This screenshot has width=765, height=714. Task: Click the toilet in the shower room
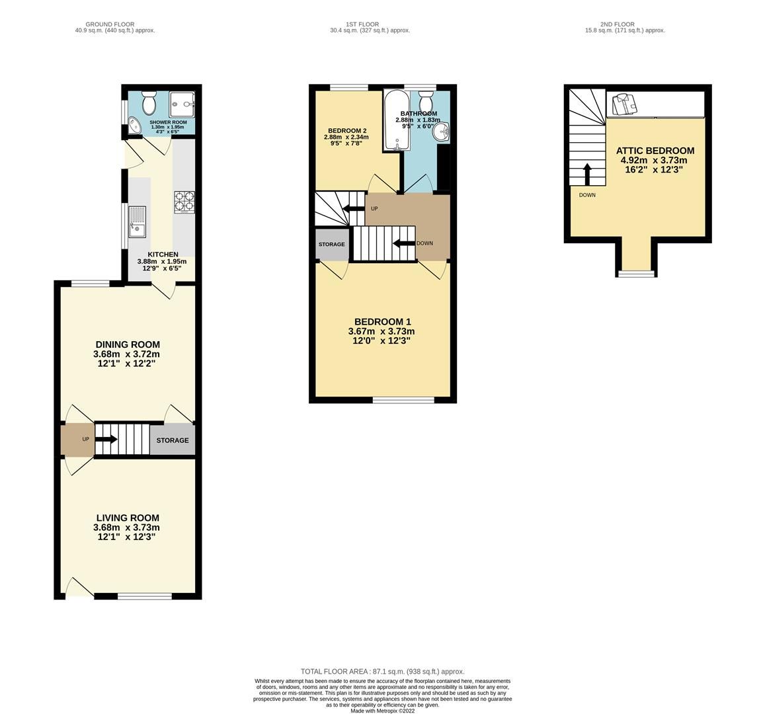pyautogui.click(x=148, y=103)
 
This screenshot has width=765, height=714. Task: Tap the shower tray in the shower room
pyautogui.click(x=182, y=102)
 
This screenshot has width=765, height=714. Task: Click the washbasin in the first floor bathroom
pyautogui.click(x=440, y=132)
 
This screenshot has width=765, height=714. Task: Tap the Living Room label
pyautogui.click(x=127, y=518)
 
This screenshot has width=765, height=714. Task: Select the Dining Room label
pyautogui.click(x=128, y=344)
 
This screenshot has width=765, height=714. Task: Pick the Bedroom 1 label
pyautogui.click(x=382, y=322)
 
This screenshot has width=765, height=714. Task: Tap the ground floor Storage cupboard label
pyautogui.click(x=172, y=440)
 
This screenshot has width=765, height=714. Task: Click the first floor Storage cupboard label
pyautogui.click(x=331, y=245)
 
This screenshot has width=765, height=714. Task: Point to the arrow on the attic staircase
pyautogui.click(x=586, y=174)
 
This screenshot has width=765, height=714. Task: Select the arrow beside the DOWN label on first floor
pyautogui.click(x=403, y=243)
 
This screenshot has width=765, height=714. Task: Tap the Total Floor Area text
pyautogui.click(x=382, y=671)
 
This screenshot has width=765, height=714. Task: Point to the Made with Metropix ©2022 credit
pyautogui.click(x=382, y=711)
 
